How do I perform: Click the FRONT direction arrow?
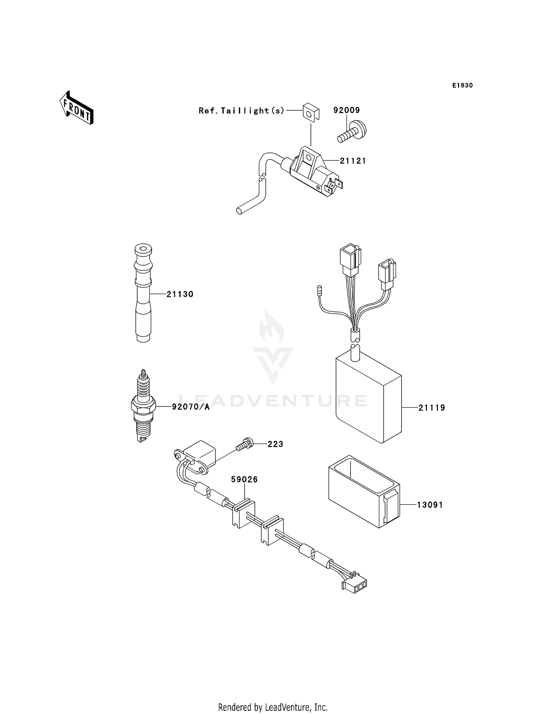pos(77,108)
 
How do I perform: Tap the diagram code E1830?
pos(462,86)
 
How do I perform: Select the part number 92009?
pos(346,110)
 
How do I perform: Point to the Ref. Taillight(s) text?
pos(241,111)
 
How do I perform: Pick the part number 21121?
pos(353,161)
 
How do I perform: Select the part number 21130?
pos(180,294)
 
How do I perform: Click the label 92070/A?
pos(191,407)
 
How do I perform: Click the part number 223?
pos(275,444)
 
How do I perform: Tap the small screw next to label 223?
pos(244,445)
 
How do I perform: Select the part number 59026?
pos(244,480)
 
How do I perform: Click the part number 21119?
pos(432,408)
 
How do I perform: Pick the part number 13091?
pos(430,505)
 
